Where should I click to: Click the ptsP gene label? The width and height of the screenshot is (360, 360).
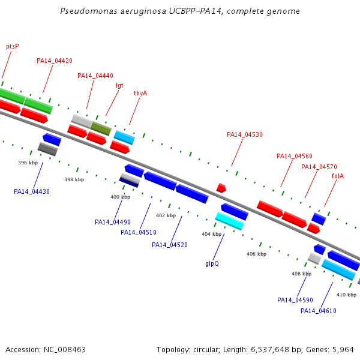tap(13, 47)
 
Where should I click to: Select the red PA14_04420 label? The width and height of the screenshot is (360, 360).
tap(55, 61)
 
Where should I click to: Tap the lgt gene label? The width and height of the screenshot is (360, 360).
tap(119, 86)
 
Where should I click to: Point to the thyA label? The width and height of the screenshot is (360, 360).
tap(140, 93)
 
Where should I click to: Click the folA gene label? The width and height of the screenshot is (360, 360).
tap(338, 176)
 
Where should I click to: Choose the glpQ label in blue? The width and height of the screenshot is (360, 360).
tap(212, 263)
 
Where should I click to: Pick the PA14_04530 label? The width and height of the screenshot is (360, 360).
tap(245, 134)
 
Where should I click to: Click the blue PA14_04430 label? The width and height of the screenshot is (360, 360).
tap(32, 191)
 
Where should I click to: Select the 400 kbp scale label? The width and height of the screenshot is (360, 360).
tap(121, 197)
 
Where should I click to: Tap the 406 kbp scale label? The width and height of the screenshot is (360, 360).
tap(256, 254)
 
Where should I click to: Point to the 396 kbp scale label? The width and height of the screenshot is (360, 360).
tap(28, 163)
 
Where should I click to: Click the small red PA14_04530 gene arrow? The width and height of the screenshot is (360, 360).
tap(221, 188)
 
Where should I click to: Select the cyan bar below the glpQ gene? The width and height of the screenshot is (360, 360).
tap(230, 221)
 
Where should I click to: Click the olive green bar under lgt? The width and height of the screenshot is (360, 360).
tap(101, 128)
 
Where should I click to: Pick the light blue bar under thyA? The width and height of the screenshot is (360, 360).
tap(124, 137)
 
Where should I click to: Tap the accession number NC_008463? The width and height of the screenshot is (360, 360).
tap(65, 350)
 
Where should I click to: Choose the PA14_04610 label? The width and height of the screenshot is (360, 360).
tap(319, 311)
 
